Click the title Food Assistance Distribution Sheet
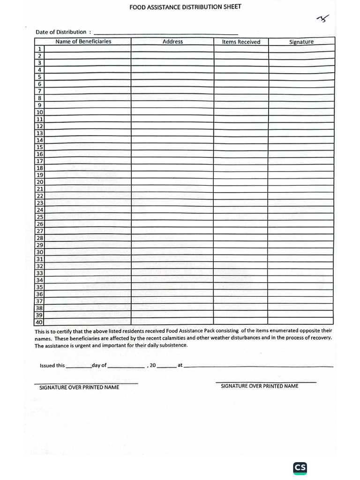(185, 7)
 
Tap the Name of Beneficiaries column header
(83, 41)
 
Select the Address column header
(172, 42)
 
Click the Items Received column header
(241, 42)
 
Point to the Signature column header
(301, 42)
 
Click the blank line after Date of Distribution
(166, 33)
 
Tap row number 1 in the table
(40, 49)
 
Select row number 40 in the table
(39, 322)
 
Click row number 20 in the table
(40, 182)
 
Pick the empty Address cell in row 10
(172, 112)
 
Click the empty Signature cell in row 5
(301, 77)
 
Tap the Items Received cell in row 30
(241, 252)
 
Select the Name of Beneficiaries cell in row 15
(88, 147)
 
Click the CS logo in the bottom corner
(300, 468)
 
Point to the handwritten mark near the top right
(323, 19)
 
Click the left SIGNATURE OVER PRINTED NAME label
(79, 387)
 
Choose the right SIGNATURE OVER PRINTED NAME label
(259, 386)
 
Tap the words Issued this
(52, 366)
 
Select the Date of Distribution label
(61, 32)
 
